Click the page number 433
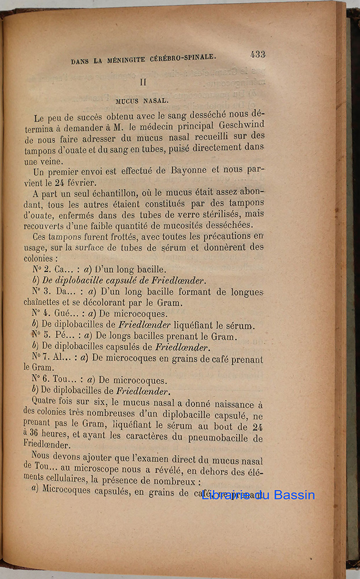coord(258,54)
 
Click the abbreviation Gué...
coord(65,314)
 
